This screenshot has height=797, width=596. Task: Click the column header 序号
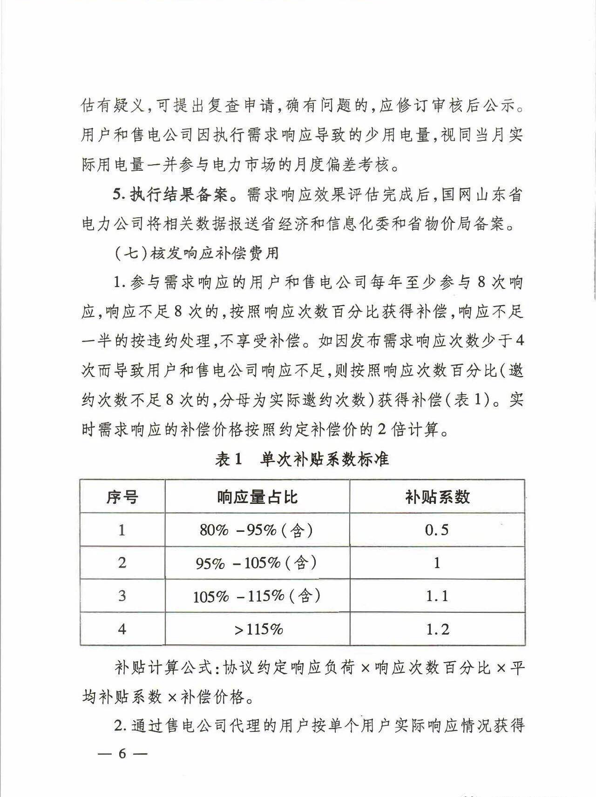122,497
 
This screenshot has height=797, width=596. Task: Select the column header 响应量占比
257,497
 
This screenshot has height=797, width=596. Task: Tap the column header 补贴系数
437,497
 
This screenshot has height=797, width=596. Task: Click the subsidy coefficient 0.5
437,530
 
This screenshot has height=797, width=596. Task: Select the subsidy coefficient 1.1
437,596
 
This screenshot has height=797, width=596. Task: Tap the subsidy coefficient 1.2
437,630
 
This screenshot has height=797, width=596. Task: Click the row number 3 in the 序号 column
122,596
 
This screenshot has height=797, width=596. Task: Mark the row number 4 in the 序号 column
122,630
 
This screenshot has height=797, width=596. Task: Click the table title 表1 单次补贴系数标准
302,460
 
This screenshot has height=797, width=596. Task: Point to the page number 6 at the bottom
122,754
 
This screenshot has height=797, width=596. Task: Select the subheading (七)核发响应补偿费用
196,254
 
